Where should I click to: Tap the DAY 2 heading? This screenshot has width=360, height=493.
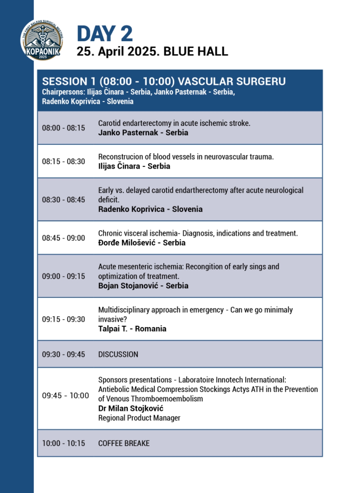point(105,34)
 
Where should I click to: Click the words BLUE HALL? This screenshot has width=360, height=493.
point(196,51)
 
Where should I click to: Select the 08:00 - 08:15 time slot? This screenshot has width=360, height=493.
point(63,128)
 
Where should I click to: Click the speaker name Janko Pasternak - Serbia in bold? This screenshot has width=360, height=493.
point(143,132)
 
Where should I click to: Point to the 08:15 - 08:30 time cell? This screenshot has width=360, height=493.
point(63,161)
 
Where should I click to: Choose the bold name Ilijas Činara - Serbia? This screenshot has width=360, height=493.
point(134,166)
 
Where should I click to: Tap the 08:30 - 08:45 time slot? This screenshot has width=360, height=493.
point(63,199)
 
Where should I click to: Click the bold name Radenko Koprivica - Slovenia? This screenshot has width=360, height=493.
point(150,209)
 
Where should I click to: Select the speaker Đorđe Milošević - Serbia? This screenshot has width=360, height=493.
point(142,242)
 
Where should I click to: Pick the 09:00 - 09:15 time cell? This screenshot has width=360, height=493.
point(63,276)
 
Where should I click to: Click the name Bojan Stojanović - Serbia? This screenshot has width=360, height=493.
point(143,286)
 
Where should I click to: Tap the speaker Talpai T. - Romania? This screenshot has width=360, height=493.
point(132,329)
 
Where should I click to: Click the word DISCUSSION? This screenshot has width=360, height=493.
point(118,354)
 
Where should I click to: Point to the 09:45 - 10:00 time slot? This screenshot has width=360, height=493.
point(65,396)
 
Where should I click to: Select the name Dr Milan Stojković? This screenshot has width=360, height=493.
point(131,408)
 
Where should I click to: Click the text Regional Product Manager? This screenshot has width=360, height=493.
point(139,418)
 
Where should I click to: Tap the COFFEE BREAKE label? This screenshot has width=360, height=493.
point(124,443)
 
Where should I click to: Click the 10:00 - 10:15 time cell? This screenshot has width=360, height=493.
point(63,443)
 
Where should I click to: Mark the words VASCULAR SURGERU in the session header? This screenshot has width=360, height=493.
point(232,81)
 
